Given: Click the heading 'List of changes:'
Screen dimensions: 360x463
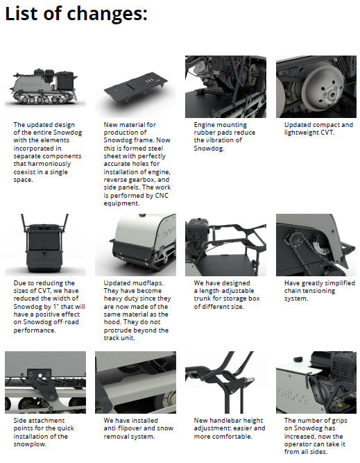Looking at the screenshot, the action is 76,14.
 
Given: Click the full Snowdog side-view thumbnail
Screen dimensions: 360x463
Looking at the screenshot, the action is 46,87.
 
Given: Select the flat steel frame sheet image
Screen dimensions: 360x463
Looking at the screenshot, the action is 135,87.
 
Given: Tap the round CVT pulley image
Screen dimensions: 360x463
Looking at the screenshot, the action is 316,87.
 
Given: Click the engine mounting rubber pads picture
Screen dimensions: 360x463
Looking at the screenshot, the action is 225,87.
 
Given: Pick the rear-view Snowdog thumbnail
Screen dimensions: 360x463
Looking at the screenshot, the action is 46,245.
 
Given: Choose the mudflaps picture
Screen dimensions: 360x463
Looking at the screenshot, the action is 135,245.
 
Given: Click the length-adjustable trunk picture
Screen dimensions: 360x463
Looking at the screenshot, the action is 225,245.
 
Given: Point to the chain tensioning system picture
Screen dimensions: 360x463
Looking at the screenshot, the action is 316,245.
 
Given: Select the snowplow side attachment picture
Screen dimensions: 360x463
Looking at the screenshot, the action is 46,382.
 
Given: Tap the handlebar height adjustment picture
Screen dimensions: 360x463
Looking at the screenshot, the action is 225,382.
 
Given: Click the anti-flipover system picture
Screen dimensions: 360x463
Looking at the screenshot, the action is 135,382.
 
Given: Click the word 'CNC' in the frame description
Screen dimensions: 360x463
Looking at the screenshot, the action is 162,196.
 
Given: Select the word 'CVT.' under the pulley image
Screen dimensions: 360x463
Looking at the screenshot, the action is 327,133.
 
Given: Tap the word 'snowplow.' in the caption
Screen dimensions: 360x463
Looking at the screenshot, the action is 30,444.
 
